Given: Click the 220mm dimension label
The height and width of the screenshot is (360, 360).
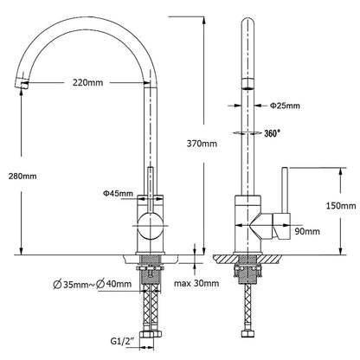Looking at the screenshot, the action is click(87, 83).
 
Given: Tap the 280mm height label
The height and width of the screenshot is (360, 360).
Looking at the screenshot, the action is click(22, 176).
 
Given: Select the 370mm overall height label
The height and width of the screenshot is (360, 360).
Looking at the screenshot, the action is click(202, 144).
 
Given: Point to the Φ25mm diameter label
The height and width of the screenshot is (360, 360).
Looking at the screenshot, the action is click(285, 106).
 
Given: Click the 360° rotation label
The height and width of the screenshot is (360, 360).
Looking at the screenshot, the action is click(273, 133).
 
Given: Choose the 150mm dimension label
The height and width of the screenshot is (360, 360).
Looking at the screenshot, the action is click(341, 206).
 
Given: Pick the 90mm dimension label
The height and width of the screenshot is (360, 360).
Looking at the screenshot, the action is click(307, 231).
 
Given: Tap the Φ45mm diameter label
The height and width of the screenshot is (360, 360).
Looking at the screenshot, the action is click(119, 193).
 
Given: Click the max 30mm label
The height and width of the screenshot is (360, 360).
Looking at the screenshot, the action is click(196, 283).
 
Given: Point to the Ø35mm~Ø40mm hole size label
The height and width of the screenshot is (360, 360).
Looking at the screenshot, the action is click(93, 284).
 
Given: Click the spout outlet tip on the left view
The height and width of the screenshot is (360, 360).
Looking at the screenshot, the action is click(22, 84).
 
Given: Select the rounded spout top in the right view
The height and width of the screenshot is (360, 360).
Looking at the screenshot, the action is click(247, 23).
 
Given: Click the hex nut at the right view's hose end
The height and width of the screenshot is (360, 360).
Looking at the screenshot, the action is click(247, 334).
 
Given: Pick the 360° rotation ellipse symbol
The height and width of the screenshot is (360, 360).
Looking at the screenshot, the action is click(247, 133).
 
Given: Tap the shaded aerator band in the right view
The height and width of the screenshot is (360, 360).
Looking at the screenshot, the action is click(247, 84).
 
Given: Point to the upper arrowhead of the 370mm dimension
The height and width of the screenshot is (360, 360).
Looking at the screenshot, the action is click(204, 20).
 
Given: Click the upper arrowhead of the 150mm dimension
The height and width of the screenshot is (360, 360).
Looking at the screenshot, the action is click(341, 171).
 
